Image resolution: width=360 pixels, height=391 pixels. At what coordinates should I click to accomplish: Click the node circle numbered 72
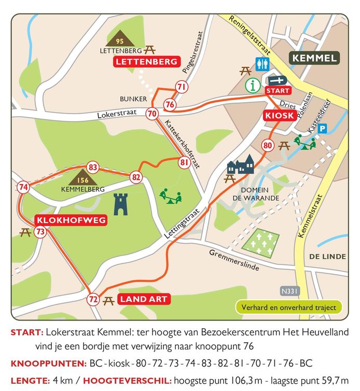(x=93, y=299)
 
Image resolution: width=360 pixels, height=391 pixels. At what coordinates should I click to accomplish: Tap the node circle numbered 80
(x=268, y=145)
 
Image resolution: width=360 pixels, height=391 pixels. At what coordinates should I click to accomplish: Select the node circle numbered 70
(x=152, y=113)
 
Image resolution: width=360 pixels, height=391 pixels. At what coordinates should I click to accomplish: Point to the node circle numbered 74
(x=23, y=187)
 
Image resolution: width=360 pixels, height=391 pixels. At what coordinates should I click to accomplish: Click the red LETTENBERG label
(x=146, y=62)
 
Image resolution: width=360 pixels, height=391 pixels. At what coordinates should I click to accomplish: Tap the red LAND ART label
(x=144, y=299)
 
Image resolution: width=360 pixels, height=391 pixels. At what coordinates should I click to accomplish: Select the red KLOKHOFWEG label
(x=71, y=220)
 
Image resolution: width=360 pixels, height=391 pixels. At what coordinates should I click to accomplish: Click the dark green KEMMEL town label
(x=314, y=58)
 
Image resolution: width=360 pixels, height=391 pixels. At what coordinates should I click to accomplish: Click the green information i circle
(x=253, y=86)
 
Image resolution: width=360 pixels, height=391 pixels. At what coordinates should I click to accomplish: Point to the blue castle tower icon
(x=121, y=203)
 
